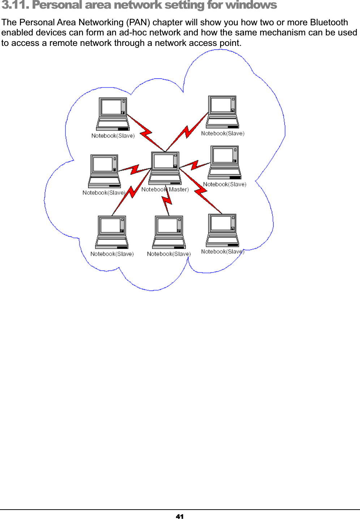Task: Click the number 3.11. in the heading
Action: tap(15, 5)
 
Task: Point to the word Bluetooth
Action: tap(329, 22)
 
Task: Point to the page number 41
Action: tap(180, 516)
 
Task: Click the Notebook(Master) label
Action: tap(165, 189)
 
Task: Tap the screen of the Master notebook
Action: tap(163, 161)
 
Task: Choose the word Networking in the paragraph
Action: tap(101, 22)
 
